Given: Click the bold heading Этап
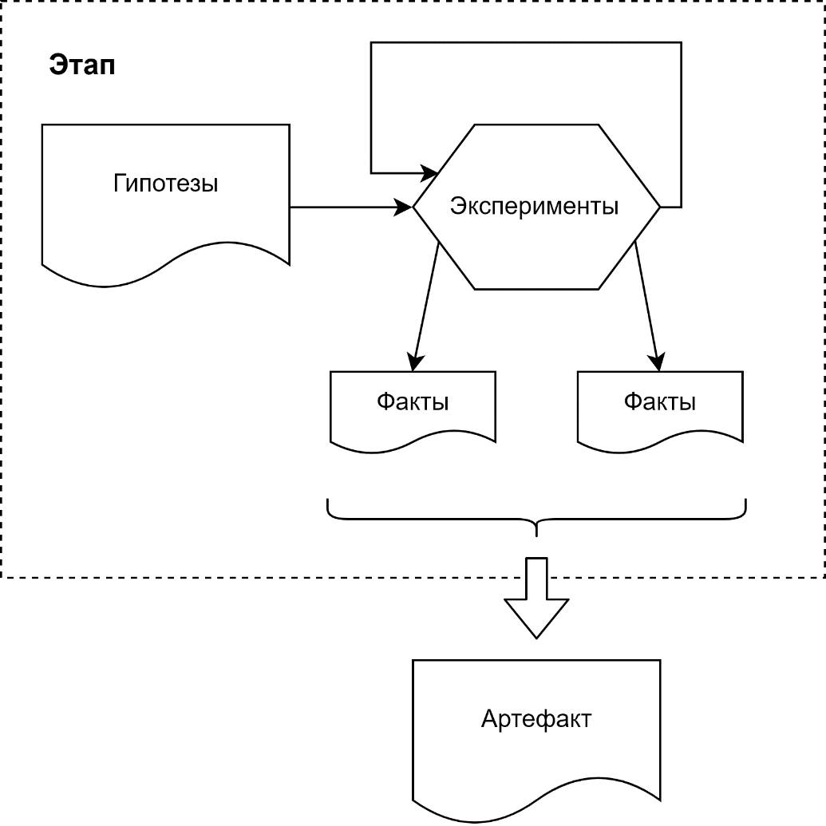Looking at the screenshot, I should tap(82, 65).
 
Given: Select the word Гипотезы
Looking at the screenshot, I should tap(165, 184).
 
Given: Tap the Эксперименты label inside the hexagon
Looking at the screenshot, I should tap(534, 206).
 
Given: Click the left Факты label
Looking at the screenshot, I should tap(413, 401).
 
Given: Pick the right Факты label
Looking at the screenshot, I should tap(659, 401).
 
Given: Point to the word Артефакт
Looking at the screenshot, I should tap(536, 719).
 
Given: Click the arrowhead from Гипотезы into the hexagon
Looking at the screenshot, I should tap(405, 207).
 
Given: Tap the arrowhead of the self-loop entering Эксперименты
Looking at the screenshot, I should tap(432, 172).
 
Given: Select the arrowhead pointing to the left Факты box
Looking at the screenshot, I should tap(414, 363).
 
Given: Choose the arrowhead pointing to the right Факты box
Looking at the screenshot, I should tap(658, 363).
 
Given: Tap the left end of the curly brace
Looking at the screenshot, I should tap(329, 503).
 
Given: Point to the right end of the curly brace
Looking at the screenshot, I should tap(745, 503).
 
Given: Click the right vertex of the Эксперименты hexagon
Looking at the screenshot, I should tap(660, 207).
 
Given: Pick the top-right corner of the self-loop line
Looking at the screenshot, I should tap(681, 43).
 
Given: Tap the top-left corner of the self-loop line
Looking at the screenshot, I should tap(371, 43).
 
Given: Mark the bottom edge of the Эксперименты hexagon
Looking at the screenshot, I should tap(536, 289).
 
